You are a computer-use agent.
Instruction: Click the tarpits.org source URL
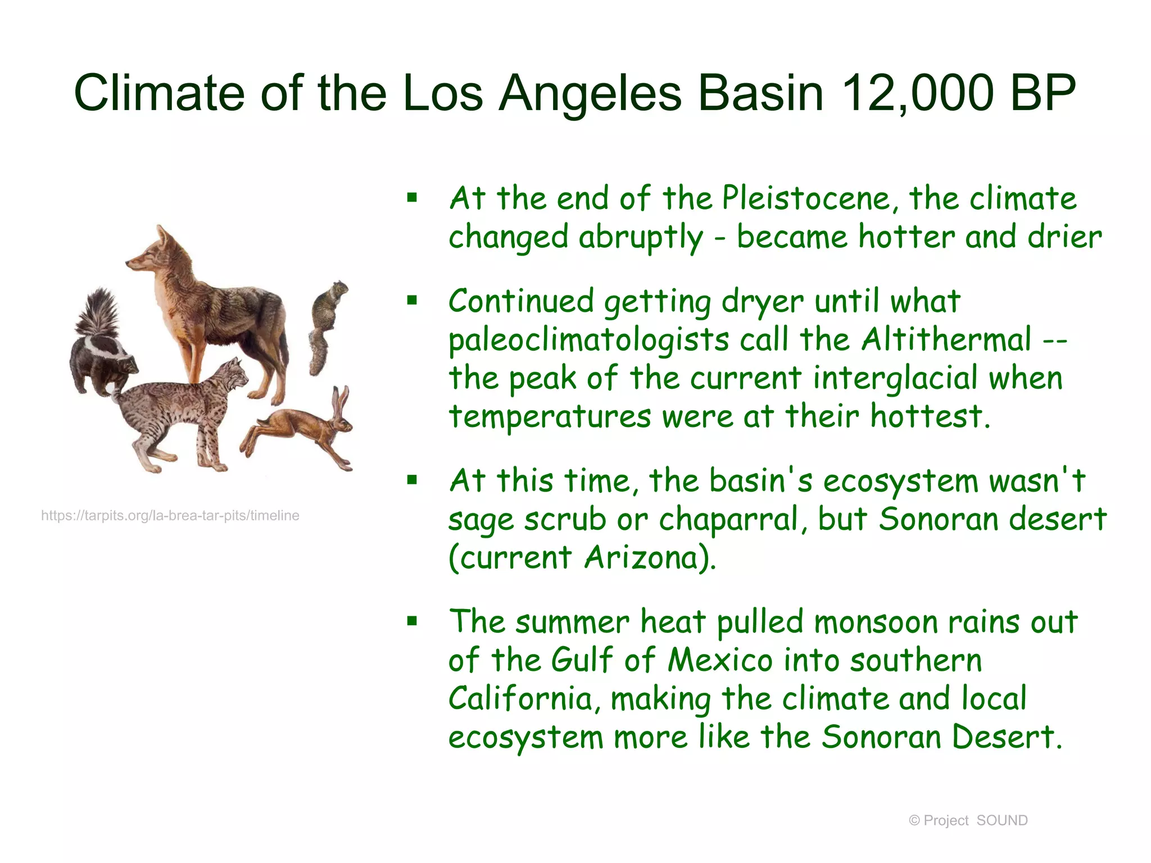coord(170,516)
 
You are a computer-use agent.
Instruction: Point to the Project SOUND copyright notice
coord(968,820)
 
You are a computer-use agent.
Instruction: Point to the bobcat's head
coord(232,375)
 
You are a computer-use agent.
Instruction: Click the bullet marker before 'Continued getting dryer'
coord(413,301)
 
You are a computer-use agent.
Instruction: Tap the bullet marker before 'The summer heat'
coord(413,621)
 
